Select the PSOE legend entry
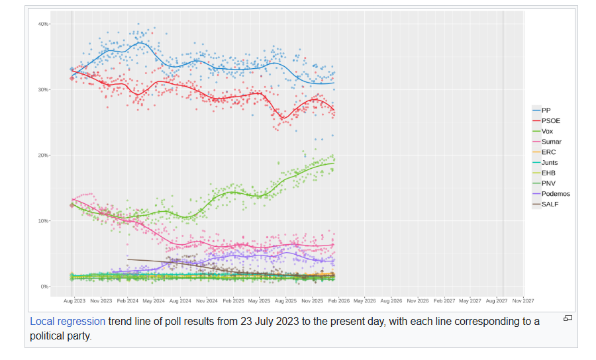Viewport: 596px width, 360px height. (x=550, y=120)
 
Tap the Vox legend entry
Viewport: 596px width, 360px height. (x=546, y=131)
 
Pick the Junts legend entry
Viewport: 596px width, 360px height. (x=549, y=163)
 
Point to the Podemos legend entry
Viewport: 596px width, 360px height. (x=555, y=194)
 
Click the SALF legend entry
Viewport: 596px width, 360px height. (x=550, y=204)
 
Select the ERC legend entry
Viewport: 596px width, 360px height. (x=548, y=152)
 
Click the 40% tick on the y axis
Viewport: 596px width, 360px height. (x=43, y=24)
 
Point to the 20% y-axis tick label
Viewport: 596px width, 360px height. (x=43, y=156)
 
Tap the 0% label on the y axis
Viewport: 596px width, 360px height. (x=44, y=287)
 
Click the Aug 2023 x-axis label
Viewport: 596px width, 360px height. (x=74, y=300)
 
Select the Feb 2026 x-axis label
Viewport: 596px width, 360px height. (x=338, y=300)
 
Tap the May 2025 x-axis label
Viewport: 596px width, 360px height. (x=259, y=300)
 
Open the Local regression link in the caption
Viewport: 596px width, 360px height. (x=67, y=322)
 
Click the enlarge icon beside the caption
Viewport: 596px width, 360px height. (x=568, y=318)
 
